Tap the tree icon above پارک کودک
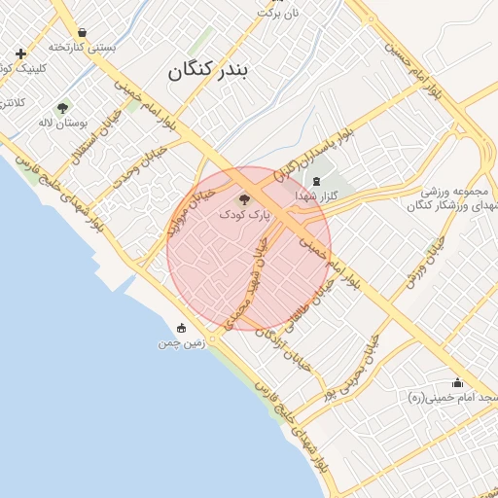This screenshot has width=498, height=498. [242, 198]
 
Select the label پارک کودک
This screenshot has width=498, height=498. [241, 212]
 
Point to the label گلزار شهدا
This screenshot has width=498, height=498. [318, 196]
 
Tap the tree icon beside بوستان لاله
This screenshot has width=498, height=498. [63, 108]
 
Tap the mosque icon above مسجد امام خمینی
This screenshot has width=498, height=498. [457, 383]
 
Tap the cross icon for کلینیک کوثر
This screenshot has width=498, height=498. [20, 53]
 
